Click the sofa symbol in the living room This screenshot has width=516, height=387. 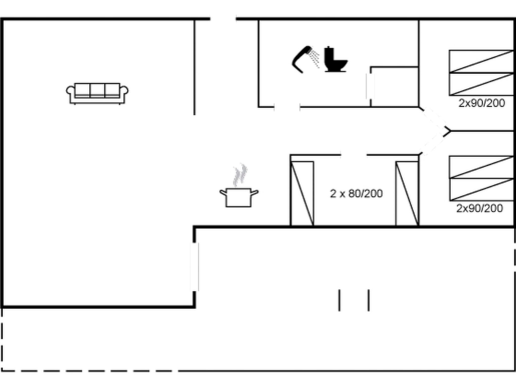click(97, 93)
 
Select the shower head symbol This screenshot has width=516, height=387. click(301, 59)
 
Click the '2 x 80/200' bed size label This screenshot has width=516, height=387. click(356, 193)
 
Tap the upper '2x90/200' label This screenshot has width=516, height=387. click(481, 103)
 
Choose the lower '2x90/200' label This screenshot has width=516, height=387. click(479, 208)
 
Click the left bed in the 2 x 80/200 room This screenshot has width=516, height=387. click(302, 193)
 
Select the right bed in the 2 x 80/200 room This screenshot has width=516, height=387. click(407, 193)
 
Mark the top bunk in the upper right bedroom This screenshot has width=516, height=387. click(481, 61)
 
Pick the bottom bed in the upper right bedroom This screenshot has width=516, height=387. click(481, 84)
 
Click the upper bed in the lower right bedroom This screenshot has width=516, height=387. click(481, 167)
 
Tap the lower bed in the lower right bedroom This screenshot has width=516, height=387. click(481, 189)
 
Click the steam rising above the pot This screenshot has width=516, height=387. click(240, 175)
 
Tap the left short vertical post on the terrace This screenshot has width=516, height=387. click(339, 300)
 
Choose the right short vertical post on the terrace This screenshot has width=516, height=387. click(369, 300)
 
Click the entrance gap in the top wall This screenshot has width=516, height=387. click(223, 19)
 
